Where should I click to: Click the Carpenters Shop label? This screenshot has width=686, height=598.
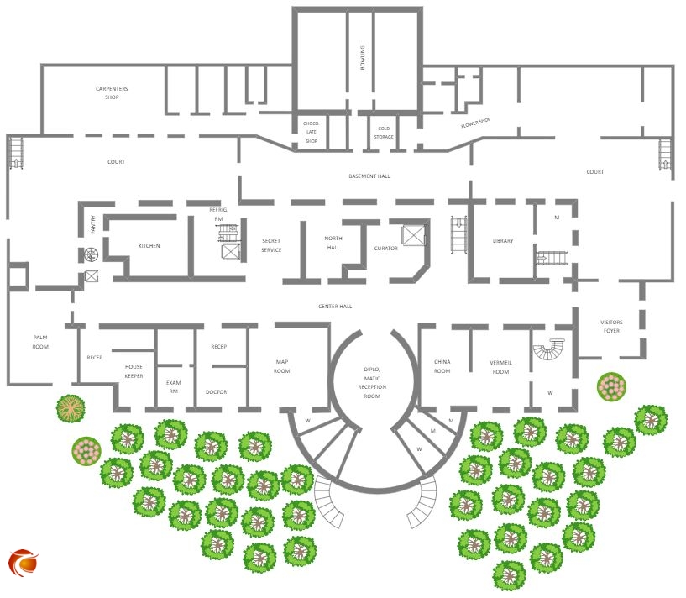(117, 92)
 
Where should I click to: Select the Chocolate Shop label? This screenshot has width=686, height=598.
(312, 132)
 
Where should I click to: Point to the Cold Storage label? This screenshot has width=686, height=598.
(383, 132)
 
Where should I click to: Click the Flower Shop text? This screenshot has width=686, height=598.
(475, 123)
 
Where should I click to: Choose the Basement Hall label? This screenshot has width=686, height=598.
(369, 176)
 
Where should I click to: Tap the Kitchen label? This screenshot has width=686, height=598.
(149, 246)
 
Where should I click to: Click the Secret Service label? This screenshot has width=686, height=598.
(271, 245)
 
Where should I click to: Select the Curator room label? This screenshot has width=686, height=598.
(385, 249)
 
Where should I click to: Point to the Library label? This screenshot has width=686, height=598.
(503, 242)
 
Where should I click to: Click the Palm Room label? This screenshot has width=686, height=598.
(40, 342)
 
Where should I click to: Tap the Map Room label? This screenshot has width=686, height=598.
(282, 366)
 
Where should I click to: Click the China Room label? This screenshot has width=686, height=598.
(442, 366)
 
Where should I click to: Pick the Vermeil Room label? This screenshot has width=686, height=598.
(500, 366)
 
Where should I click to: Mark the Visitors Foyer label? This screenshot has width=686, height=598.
(611, 327)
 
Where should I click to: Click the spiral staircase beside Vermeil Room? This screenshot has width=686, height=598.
(551, 349)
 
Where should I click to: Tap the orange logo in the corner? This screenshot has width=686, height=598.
(24, 562)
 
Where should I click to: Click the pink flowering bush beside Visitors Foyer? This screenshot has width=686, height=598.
(612, 386)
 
